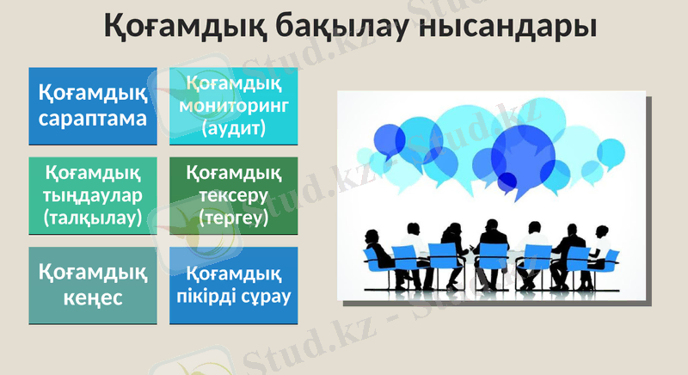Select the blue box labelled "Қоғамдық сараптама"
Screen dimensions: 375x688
(x=93, y=106)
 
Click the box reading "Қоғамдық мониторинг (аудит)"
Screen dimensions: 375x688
(x=234, y=106)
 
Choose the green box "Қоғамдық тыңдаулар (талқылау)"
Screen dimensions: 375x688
(x=93, y=195)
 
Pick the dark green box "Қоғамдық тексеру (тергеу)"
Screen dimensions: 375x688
(x=234, y=195)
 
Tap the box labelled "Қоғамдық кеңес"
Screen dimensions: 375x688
(x=93, y=285)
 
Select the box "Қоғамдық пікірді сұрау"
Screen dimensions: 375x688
(x=234, y=285)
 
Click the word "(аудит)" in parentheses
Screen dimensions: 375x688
(x=234, y=128)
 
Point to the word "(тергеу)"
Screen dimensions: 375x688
(x=234, y=218)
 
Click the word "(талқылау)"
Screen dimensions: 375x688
(x=93, y=218)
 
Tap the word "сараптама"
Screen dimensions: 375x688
(x=93, y=118)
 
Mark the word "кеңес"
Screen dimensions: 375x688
(x=93, y=298)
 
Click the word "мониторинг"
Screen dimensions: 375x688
(x=234, y=106)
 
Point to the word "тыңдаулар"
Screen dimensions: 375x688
(x=93, y=195)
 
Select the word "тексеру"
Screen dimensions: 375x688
(x=234, y=195)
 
